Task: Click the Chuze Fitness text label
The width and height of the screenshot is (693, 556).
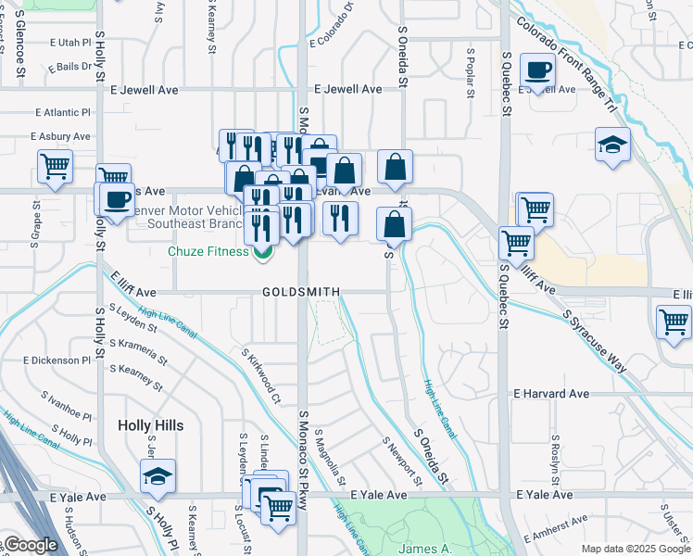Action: coord(208,251)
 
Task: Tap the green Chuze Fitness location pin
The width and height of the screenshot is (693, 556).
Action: coord(263,250)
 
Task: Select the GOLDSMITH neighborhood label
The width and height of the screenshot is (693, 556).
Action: coord(301,292)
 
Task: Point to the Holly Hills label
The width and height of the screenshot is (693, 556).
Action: coord(150,425)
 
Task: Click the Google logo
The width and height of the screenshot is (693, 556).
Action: coord(30,546)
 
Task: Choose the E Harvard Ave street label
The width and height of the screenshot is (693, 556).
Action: coord(551,394)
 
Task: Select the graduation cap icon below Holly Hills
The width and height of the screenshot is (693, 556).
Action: coord(157,476)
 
